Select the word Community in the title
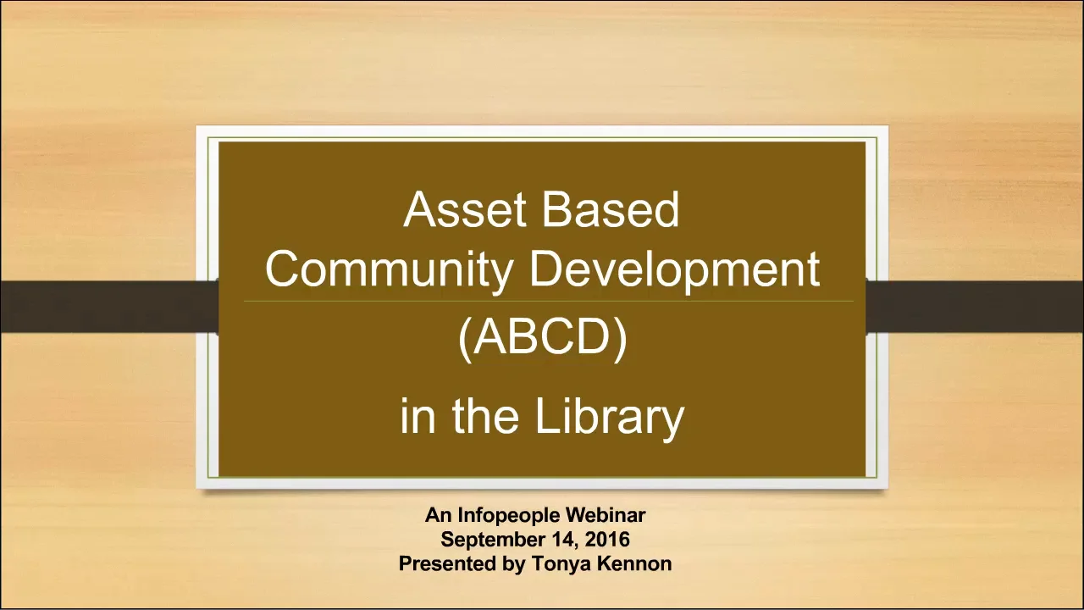click(x=389, y=269)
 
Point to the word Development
click(x=674, y=269)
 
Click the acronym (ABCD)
click(x=542, y=337)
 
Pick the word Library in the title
click(x=609, y=417)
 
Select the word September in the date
click(x=493, y=540)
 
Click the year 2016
click(x=607, y=540)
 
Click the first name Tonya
click(x=560, y=563)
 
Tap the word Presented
click(x=449, y=563)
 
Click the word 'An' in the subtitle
click(x=439, y=515)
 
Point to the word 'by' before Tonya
click(x=516, y=563)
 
